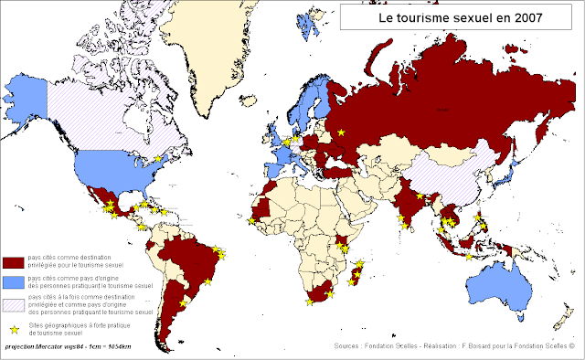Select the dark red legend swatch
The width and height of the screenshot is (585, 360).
[13, 262]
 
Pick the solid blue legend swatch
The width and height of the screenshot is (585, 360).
[13, 281]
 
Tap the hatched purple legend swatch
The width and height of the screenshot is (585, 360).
[13, 302]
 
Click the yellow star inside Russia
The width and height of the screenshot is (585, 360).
[343, 133]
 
